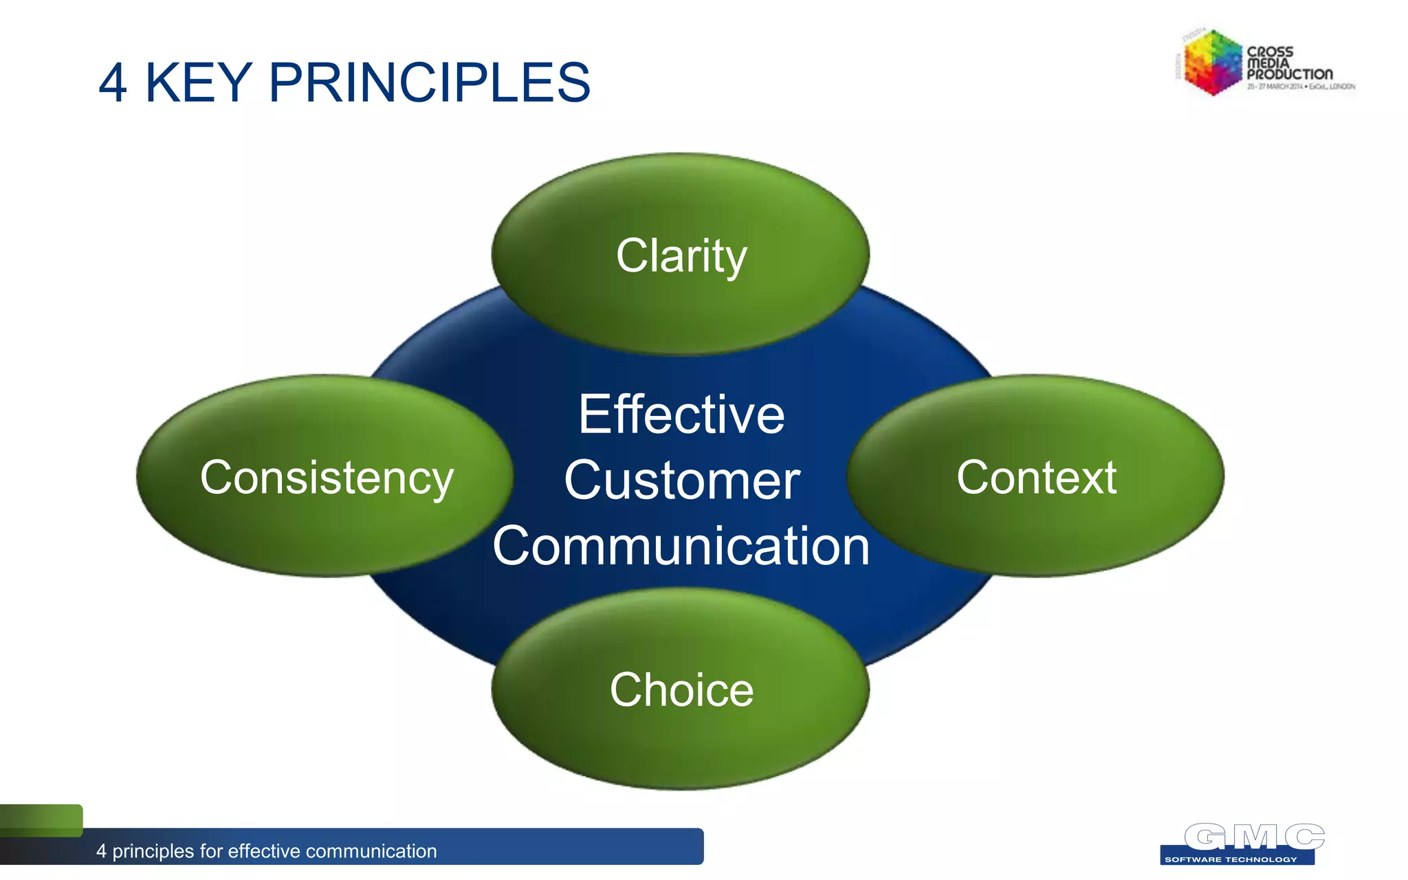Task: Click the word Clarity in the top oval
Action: [x=681, y=256]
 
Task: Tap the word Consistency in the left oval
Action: [x=327, y=477]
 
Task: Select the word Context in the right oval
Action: [x=1036, y=477]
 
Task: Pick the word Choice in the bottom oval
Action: [x=681, y=690]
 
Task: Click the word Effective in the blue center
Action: [x=681, y=415]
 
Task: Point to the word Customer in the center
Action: [x=681, y=481]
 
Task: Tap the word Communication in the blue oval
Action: [x=681, y=546]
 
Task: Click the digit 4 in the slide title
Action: [x=113, y=83]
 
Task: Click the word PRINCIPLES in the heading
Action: [x=429, y=83]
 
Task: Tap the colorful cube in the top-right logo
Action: [x=1212, y=62]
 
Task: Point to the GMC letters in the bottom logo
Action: [x=1254, y=837]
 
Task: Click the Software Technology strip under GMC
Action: [x=1231, y=859]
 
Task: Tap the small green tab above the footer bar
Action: [x=41, y=819]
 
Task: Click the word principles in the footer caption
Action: [x=153, y=851]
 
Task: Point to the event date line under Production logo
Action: [x=1301, y=87]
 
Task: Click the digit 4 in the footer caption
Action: [x=101, y=851]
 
